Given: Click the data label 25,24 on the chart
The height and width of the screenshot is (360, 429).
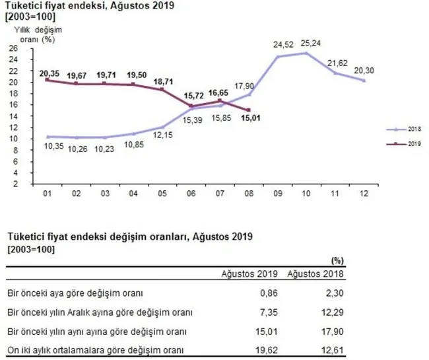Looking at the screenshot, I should point(307,45).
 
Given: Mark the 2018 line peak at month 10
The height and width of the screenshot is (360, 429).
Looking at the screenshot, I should point(307,53).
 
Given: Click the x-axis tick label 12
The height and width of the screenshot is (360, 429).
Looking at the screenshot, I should point(364,195).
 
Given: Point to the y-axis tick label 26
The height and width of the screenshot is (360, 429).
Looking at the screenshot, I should point(13,48).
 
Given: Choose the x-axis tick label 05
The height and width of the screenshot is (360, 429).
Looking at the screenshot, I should point(162,195).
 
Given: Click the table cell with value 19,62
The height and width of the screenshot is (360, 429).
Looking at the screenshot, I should point(265,349).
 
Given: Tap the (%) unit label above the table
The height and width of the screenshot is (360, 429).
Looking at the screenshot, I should point(335,260).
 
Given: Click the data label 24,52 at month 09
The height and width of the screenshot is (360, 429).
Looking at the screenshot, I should point(277,46).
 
